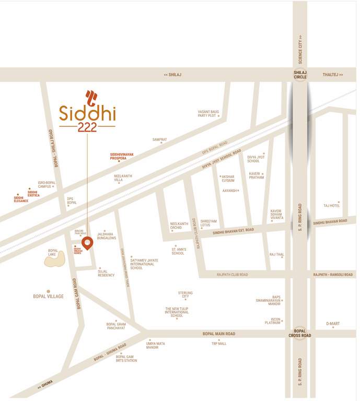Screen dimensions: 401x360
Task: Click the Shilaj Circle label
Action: (x=300, y=75)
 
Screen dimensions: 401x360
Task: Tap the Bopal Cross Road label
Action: (x=300, y=333)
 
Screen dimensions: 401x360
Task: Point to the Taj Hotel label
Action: (x=332, y=206)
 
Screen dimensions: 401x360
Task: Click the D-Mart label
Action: (x=333, y=324)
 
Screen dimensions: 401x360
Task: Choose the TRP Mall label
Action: (x=219, y=344)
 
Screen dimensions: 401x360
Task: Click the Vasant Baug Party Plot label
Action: (x=207, y=113)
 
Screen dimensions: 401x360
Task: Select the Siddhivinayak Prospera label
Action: (x=122, y=156)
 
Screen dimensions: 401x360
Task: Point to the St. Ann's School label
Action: (x=178, y=251)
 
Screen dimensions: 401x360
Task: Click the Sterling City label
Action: (x=185, y=294)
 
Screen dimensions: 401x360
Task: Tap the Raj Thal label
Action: (x=276, y=254)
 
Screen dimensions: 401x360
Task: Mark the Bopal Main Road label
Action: (x=219, y=334)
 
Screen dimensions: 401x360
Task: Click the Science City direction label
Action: (x=300, y=46)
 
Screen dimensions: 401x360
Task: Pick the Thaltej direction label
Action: (x=333, y=75)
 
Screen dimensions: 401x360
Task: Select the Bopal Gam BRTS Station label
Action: (x=123, y=358)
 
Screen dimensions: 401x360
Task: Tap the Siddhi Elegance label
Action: (x=21, y=199)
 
